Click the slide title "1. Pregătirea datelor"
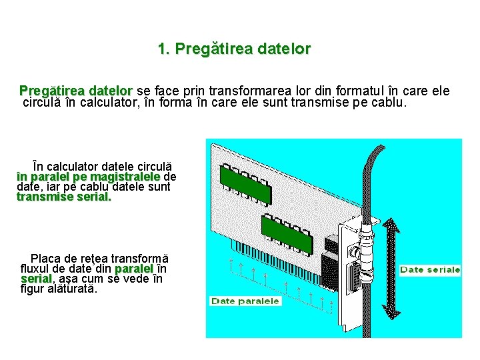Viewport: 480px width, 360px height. click(x=235, y=49)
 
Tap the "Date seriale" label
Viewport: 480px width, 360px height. click(x=430, y=270)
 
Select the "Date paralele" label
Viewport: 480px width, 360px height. click(x=245, y=301)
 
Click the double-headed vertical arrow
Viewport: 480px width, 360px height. click(x=391, y=269)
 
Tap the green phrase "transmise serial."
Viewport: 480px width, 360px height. click(x=64, y=197)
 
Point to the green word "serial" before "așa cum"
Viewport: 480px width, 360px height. click(x=37, y=279)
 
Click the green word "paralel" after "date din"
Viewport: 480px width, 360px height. click(x=134, y=269)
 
